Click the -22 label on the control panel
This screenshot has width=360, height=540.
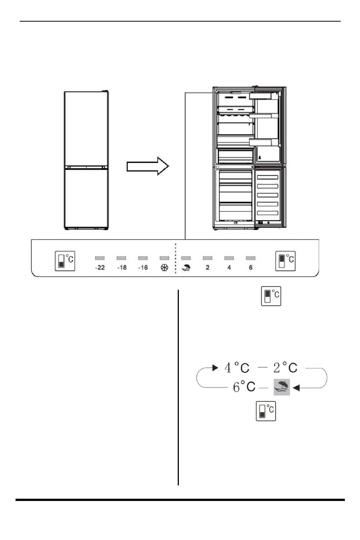click(100, 268)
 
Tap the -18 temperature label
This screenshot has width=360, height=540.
click(122, 268)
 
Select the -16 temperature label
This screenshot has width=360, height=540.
click(143, 268)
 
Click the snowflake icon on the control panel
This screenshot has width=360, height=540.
click(164, 268)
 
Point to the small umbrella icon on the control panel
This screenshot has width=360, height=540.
click(186, 268)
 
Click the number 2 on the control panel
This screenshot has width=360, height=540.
click(208, 268)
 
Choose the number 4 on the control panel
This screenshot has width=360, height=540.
click(229, 268)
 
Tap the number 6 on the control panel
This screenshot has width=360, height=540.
click(250, 268)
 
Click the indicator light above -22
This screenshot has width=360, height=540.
click(100, 258)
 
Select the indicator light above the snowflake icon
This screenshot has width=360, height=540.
click(164, 258)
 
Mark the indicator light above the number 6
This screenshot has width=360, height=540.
click(250, 258)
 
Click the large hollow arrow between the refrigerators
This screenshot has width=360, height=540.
click(148, 166)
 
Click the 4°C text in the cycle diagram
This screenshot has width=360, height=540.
click(237, 368)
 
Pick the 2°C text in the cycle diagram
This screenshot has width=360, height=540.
click(285, 368)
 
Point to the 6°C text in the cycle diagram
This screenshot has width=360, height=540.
click(244, 387)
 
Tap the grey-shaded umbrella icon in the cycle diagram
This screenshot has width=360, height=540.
click(282, 387)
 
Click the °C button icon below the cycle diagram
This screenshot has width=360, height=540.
click(266, 411)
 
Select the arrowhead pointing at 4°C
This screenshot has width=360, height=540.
click(215, 368)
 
